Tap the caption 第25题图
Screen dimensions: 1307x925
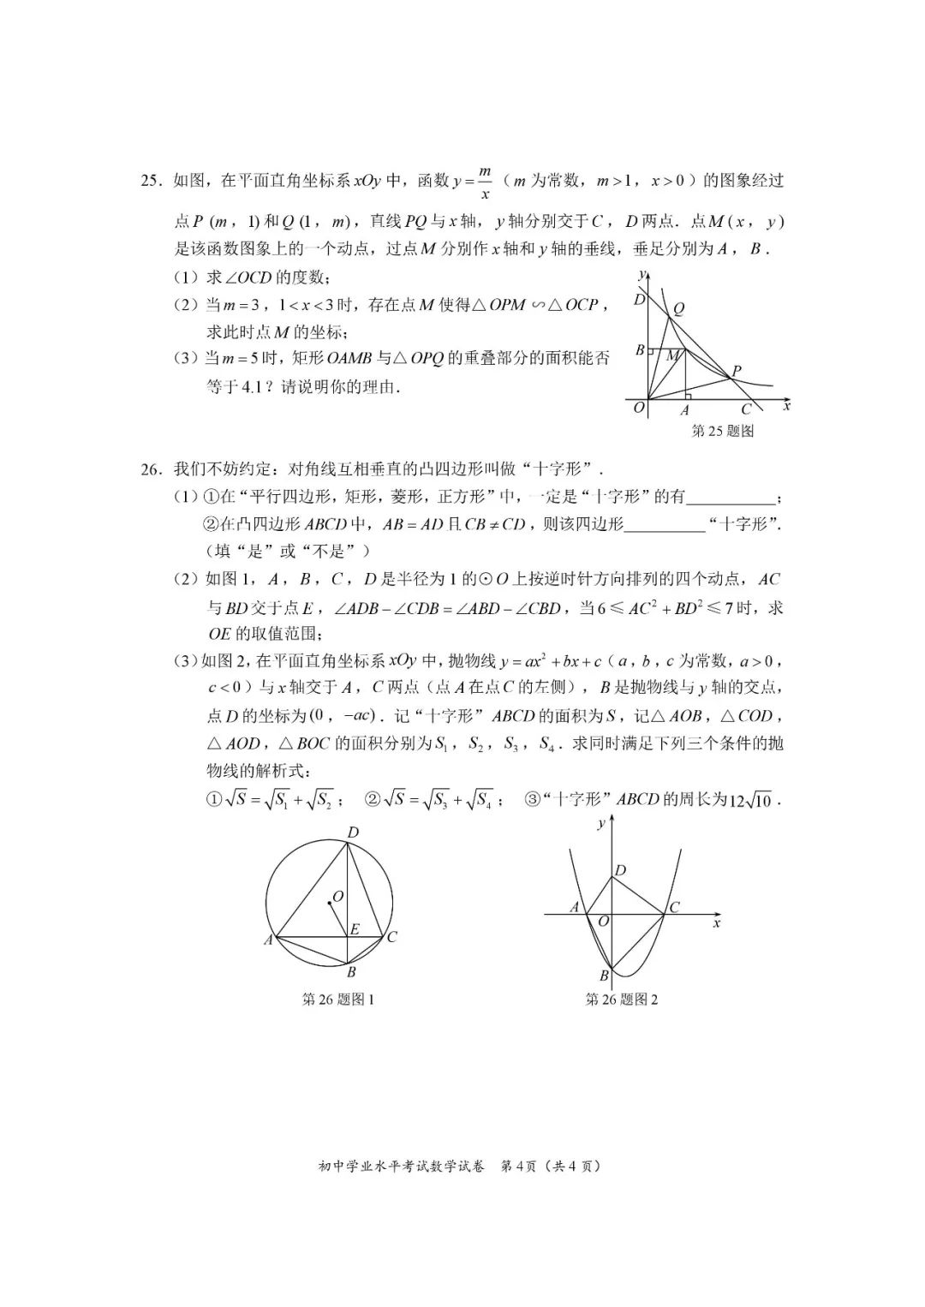click(722, 431)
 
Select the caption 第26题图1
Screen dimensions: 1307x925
click(338, 999)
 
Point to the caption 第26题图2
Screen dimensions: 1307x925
click(622, 999)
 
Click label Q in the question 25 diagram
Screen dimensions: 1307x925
click(678, 309)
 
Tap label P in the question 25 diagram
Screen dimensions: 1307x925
click(737, 371)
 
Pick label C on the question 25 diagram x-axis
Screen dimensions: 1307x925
click(745, 410)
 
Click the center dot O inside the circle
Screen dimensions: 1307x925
click(329, 903)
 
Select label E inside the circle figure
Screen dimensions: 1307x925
click(355, 929)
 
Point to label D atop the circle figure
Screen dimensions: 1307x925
click(353, 833)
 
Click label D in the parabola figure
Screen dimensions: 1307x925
click(621, 871)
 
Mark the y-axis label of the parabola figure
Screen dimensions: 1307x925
click(602, 823)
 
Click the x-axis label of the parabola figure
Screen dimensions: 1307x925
click(716, 923)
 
